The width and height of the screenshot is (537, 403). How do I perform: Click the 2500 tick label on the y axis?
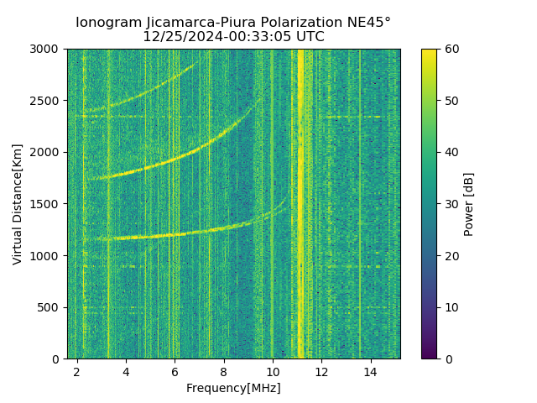click(x=46, y=101)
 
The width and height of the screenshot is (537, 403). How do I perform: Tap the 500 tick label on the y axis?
click(x=50, y=307)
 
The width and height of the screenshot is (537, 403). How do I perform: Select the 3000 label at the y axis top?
click(x=46, y=50)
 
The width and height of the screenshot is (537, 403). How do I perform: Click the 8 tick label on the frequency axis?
click(x=224, y=371)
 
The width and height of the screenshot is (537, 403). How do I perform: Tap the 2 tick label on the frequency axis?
click(x=77, y=371)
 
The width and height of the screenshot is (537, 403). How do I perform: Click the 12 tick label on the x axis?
click(x=321, y=371)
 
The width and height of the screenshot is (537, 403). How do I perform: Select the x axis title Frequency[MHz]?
click(x=233, y=388)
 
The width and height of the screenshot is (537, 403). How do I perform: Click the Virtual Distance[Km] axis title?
click(x=18, y=204)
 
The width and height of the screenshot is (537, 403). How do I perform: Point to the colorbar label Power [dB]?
click(x=469, y=204)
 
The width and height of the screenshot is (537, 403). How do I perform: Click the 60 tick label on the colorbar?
click(x=451, y=50)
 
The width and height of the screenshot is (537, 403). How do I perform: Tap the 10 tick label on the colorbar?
click(x=451, y=307)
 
